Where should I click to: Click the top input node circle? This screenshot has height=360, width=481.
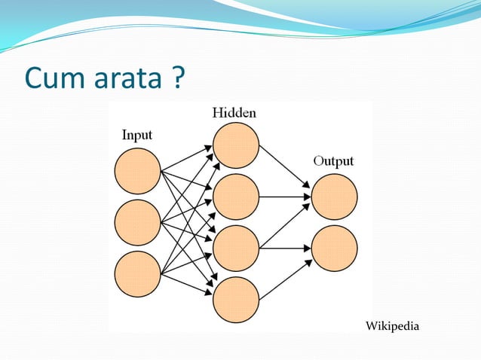click(x=137, y=171)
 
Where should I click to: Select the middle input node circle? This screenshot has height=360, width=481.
click(x=137, y=222)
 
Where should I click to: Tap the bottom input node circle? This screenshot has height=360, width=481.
click(x=137, y=273)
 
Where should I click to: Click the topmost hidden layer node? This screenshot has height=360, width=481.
click(x=236, y=145)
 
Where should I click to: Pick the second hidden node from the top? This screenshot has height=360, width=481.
click(x=236, y=197)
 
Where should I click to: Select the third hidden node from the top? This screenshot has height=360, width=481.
click(x=236, y=248)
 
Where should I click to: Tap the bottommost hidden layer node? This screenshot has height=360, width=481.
click(x=236, y=299)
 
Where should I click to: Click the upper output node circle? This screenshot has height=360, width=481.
click(x=334, y=197)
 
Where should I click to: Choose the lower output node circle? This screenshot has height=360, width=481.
click(x=334, y=248)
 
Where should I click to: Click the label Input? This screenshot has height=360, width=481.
click(x=137, y=136)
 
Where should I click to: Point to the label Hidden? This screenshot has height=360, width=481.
click(x=234, y=113)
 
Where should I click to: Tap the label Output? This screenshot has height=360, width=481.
click(x=333, y=161)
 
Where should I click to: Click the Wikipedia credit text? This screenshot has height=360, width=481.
click(x=391, y=325)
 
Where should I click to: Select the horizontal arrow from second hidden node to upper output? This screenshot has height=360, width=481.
click(x=284, y=197)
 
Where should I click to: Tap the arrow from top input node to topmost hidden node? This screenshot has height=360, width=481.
click(x=186, y=158)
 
